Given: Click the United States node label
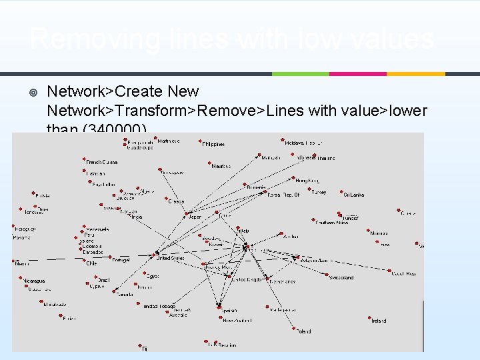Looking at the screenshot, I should pyautogui.click(x=171, y=257).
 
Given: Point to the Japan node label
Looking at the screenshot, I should pyautogui.click(x=195, y=217).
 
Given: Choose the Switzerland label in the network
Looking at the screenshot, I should pyautogui.click(x=341, y=277).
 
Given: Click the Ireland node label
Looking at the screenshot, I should pyautogui.click(x=379, y=321).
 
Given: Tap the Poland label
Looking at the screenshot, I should pyautogui.click(x=304, y=331).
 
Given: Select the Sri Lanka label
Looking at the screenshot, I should pyautogui.click(x=354, y=195).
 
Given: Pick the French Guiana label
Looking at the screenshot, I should pyautogui.click(x=102, y=162).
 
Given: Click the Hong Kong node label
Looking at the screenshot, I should pyautogui.click(x=307, y=181).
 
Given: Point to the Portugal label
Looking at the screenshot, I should pyautogui.click(x=121, y=259).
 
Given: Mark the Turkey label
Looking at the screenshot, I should pyautogui.click(x=319, y=193).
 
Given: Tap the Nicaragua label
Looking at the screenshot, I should pyautogui.click(x=33, y=281).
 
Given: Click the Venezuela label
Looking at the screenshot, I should pyautogui.click(x=97, y=229).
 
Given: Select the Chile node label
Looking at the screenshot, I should pyautogui.click(x=91, y=263).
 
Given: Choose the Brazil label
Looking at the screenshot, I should pyautogui.click(x=103, y=281).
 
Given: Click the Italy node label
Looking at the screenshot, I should pyautogui.click(x=245, y=231).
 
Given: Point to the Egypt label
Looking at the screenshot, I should pyautogui.click(x=153, y=276).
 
